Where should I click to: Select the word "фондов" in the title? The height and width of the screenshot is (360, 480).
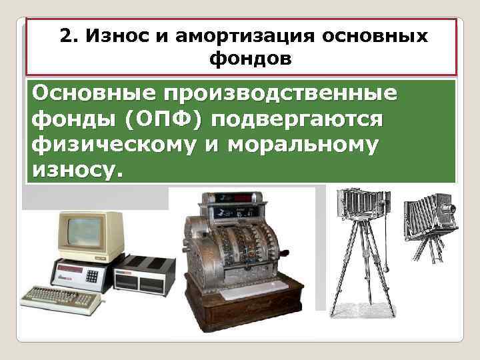tap(250, 59)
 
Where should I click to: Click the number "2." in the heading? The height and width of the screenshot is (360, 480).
tap(68, 36)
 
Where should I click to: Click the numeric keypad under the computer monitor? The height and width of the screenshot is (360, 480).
tap(91, 275)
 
